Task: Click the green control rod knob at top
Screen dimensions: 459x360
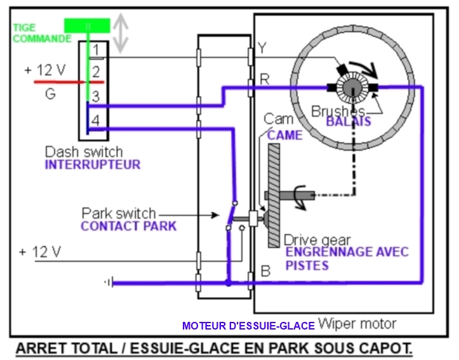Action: [x=87, y=25]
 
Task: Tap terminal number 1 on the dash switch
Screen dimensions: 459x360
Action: [x=96, y=50]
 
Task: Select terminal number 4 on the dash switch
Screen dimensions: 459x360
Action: [x=96, y=120]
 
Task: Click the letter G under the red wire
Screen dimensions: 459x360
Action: [x=50, y=94]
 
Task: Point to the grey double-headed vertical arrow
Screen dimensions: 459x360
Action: [x=121, y=33]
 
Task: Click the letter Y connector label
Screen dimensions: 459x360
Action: [x=262, y=48]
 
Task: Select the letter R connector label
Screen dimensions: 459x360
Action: [x=265, y=79]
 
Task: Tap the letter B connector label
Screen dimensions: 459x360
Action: [x=265, y=271]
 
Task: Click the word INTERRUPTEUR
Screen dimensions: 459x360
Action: [x=93, y=165]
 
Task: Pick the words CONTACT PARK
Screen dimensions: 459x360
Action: [x=129, y=226]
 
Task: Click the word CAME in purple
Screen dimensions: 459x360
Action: [x=284, y=135]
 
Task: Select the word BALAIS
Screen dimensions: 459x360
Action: [x=349, y=121]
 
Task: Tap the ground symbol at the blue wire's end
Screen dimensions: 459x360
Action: [x=109, y=283]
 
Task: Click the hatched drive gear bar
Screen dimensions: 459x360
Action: [x=274, y=196]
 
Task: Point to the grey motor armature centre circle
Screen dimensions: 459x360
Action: [x=353, y=87]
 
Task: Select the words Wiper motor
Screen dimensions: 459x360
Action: [x=357, y=324]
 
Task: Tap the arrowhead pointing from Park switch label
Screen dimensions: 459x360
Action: [x=215, y=215]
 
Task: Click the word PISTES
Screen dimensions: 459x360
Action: [x=307, y=265]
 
